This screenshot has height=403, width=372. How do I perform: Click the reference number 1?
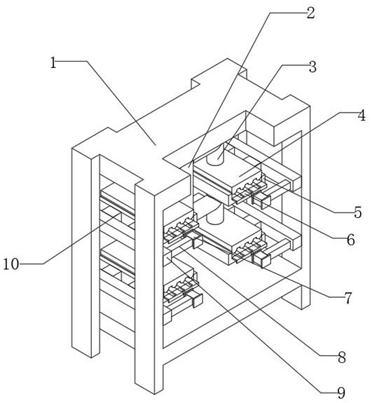pyautogui.click(x=53, y=62)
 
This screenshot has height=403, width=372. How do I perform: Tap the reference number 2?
pyautogui.click(x=310, y=13)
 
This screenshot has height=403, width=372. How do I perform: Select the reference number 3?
pyautogui.click(x=312, y=67)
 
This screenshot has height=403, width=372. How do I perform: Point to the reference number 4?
pyautogui.click(x=361, y=116)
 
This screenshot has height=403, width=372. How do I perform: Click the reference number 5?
pyautogui.click(x=357, y=212)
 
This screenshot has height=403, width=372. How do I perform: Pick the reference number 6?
pyautogui.click(x=351, y=240)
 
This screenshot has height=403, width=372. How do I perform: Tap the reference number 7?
pyautogui.click(x=347, y=298)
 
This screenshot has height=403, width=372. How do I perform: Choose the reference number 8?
pyautogui.click(x=342, y=357)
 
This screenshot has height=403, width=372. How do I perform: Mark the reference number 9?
pyautogui.click(x=341, y=392)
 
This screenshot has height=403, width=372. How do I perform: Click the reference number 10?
pyautogui.click(x=11, y=264)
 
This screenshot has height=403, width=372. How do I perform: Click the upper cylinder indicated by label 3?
pyautogui.click(x=215, y=155)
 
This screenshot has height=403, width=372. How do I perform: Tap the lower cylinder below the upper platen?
pyautogui.click(x=215, y=213)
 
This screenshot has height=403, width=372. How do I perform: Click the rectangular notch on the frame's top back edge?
pyautogui.click(x=195, y=83)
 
